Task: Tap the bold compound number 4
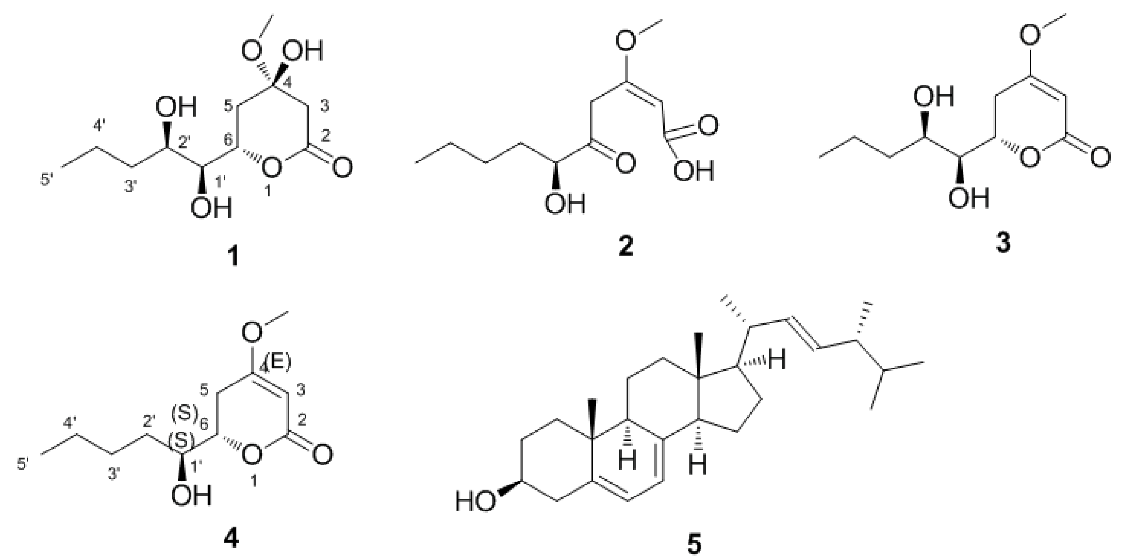(231, 538)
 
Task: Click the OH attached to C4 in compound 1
(302, 52)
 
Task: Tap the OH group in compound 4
(191, 496)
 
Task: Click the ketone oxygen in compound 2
(624, 164)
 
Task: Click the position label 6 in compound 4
(202, 425)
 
